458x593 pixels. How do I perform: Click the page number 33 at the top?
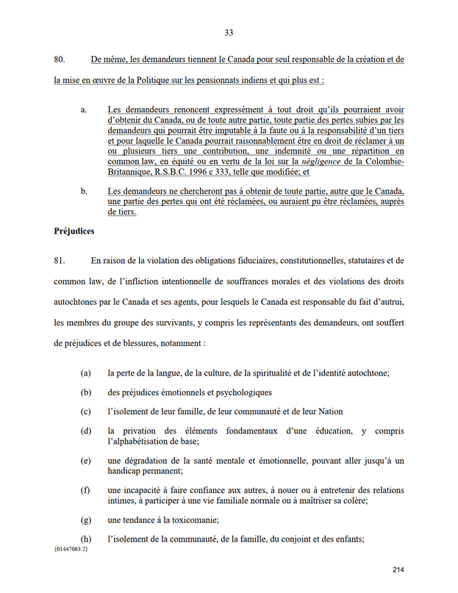pyautogui.click(x=229, y=32)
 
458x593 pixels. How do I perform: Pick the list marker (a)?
pyautogui.click(x=86, y=373)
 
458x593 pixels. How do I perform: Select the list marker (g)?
pyautogui.click(x=86, y=520)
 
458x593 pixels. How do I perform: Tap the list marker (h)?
pyautogui.click(x=86, y=539)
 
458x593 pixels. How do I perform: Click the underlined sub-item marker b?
pyautogui.click(x=84, y=192)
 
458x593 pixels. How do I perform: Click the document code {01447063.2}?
pyautogui.click(x=70, y=550)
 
